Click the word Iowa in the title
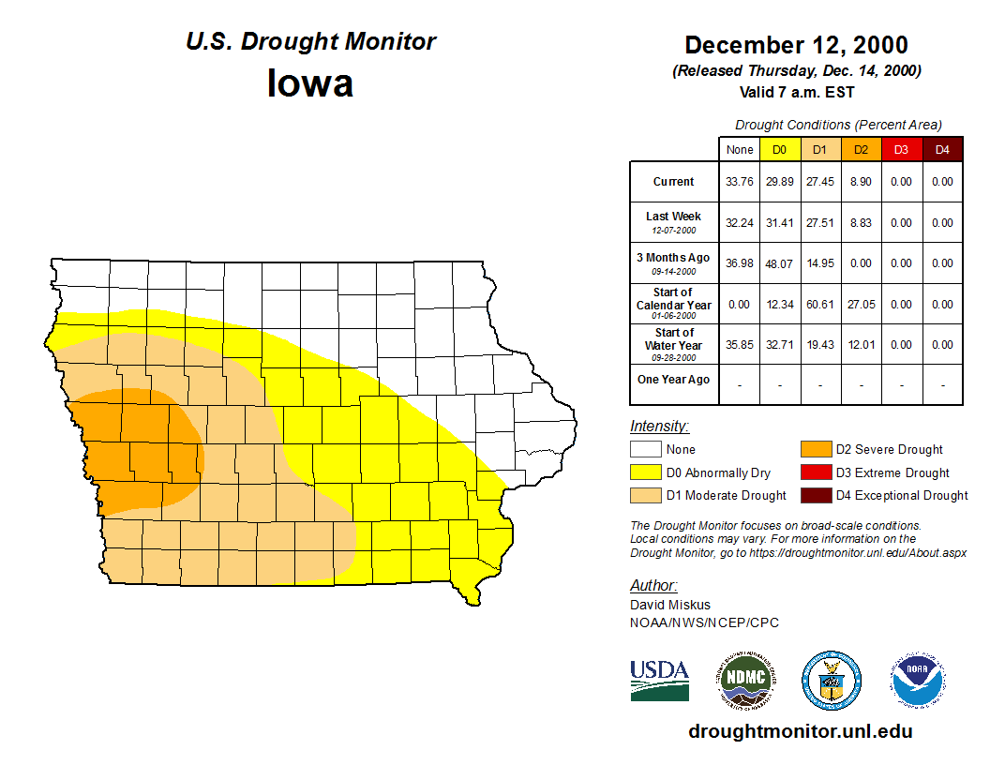[x=310, y=83]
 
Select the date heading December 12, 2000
[x=796, y=45]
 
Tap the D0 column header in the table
[x=779, y=150]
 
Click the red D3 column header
[x=901, y=150]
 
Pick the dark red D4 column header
[x=942, y=150]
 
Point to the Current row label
[x=674, y=182]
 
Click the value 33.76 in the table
[x=740, y=182]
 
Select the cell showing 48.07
[x=779, y=263]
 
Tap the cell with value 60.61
[x=819, y=305]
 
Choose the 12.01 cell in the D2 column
[x=861, y=345]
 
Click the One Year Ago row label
[x=674, y=380]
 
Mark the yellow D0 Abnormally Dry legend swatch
[x=645, y=472]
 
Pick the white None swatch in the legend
[x=645, y=450]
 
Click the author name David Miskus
[x=670, y=605]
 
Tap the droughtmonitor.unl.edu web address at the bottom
[x=801, y=731]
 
